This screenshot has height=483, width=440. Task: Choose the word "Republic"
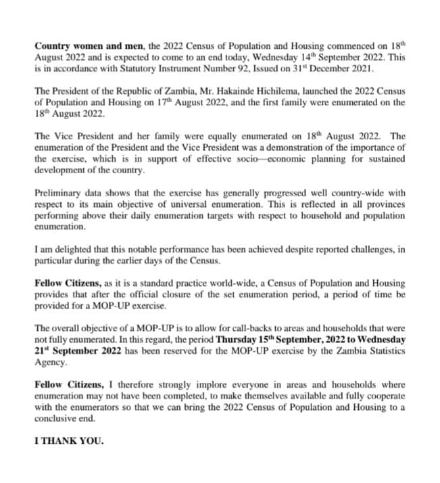(143, 91)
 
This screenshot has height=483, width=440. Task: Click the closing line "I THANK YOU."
(69, 442)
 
